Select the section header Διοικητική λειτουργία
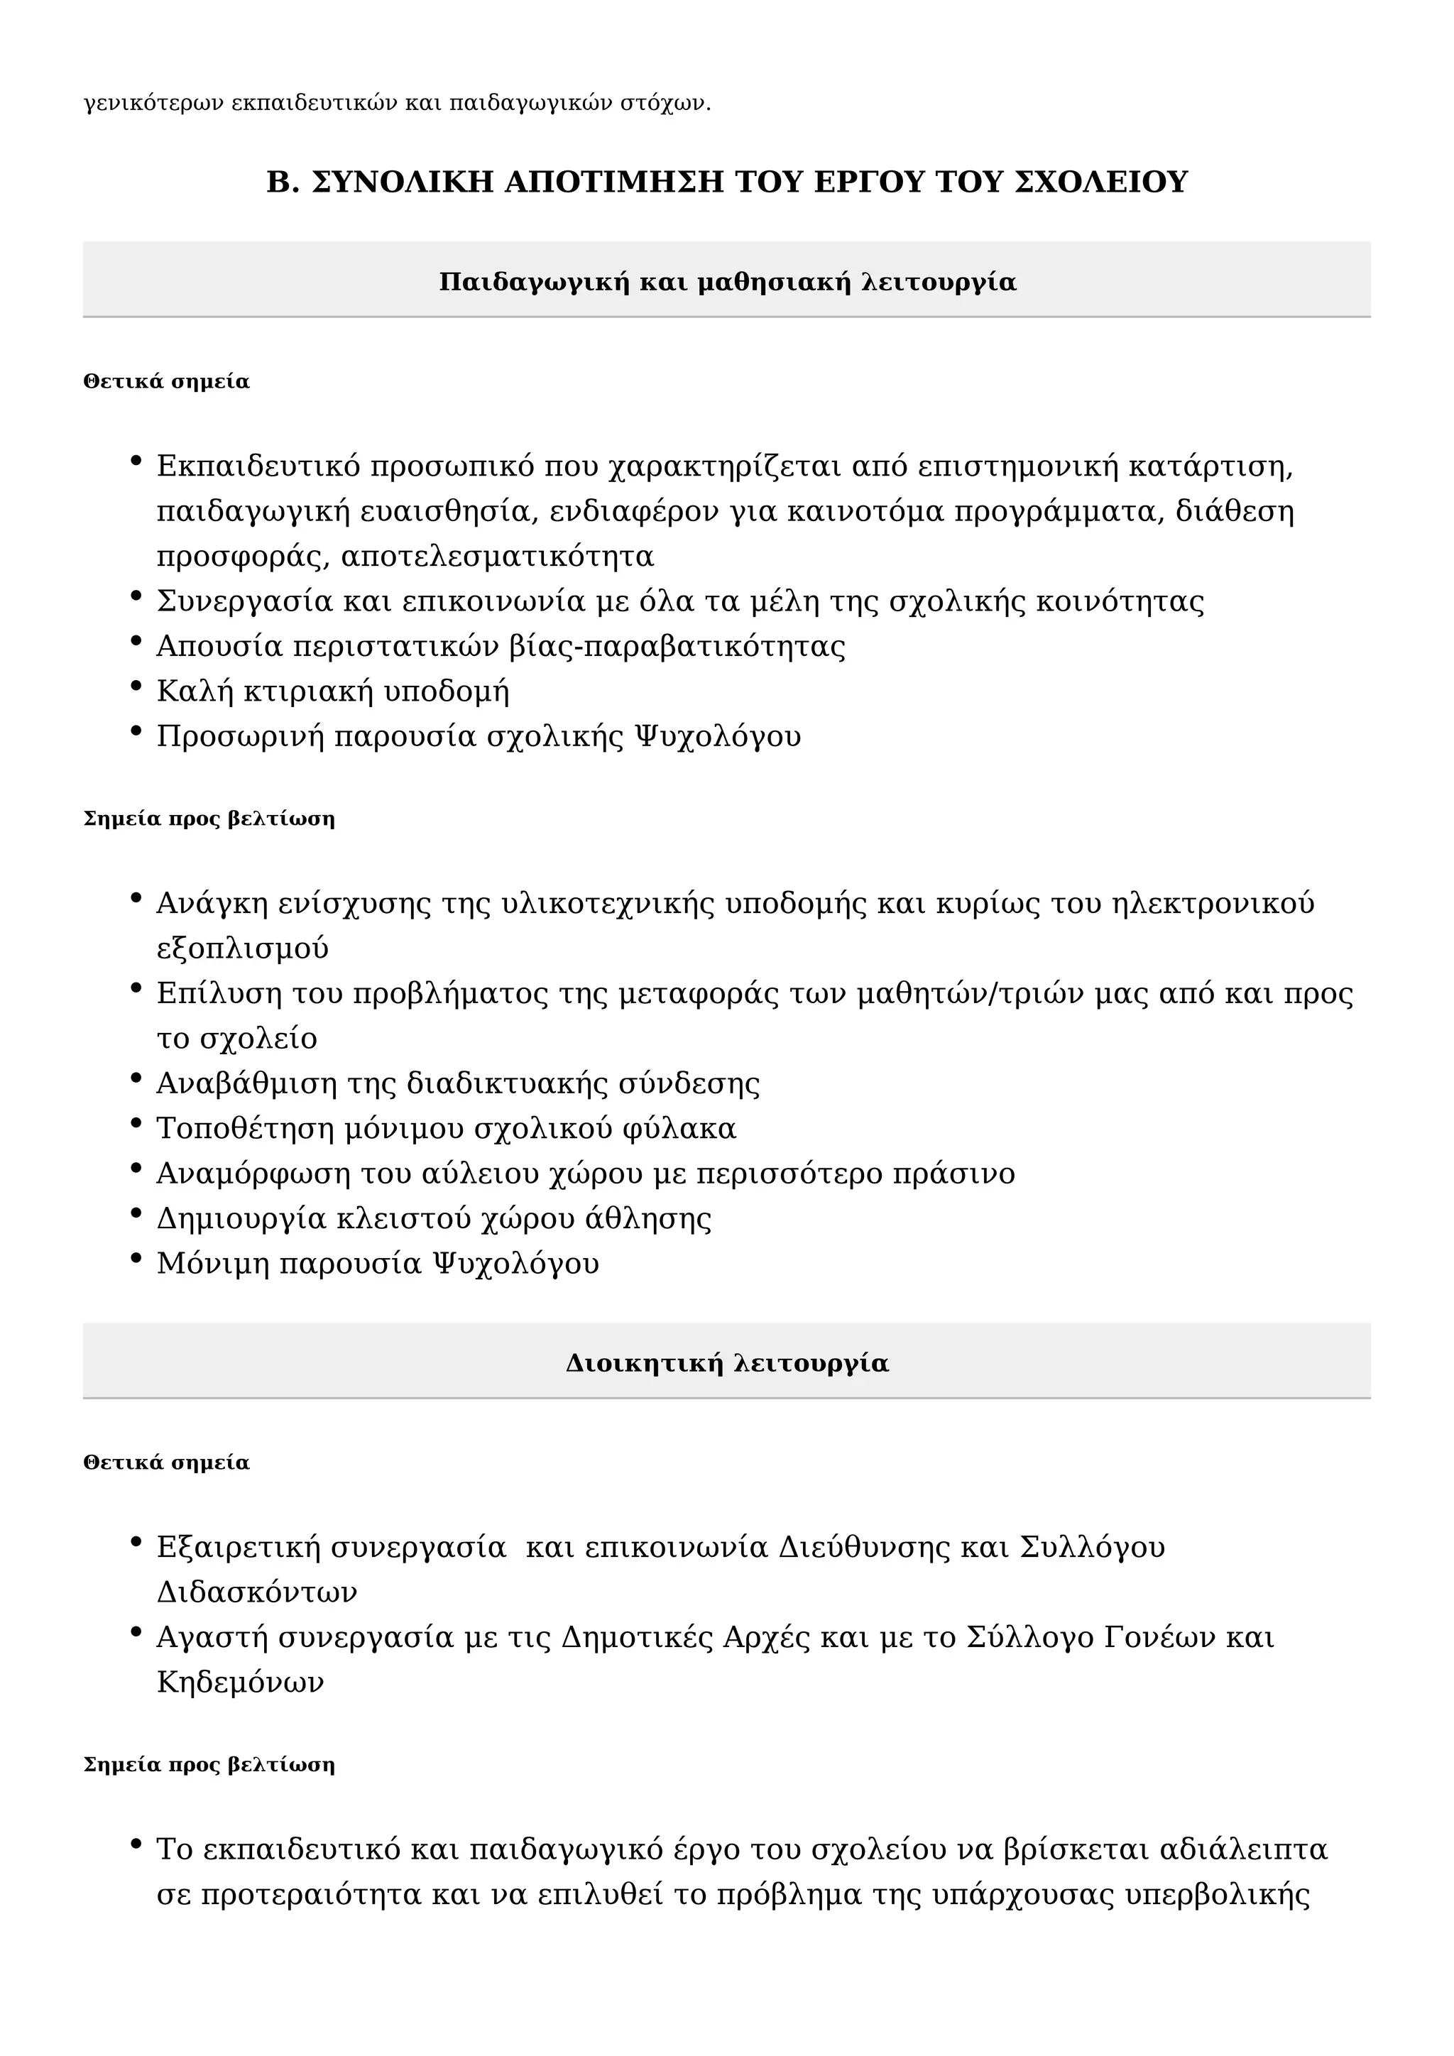pyautogui.click(x=727, y=1363)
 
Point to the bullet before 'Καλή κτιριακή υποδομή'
pyautogui.click(x=136, y=687)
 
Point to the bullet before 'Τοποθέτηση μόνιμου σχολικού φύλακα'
pyautogui.click(x=136, y=1124)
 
